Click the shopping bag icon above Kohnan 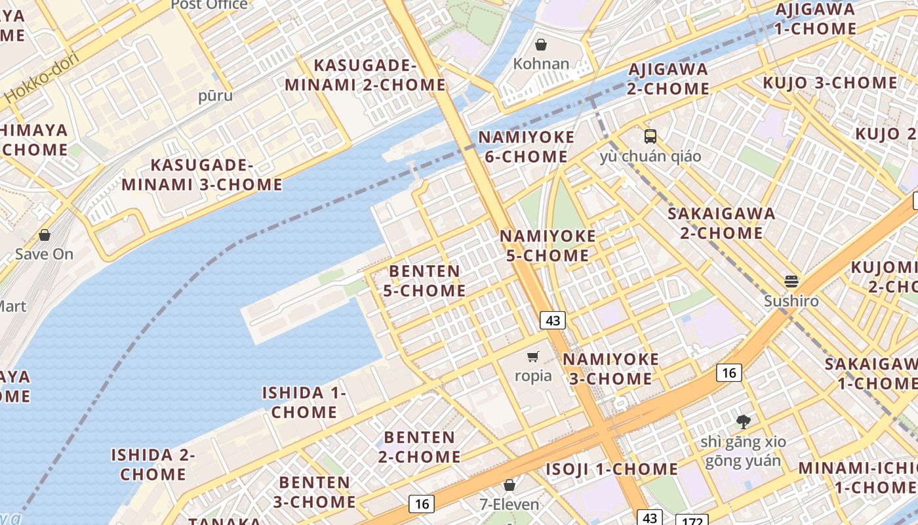pyautogui.click(x=541, y=45)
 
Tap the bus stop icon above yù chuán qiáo pyautogui.click(x=650, y=136)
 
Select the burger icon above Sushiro pyautogui.click(x=791, y=282)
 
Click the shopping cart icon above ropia pyautogui.click(x=533, y=357)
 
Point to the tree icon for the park pyautogui.click(x=743, y=421)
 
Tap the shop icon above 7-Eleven pyautogui.click(x=509, y=485)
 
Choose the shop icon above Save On pyautogui.click(x=45, y=234)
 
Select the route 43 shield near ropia pyautogui.click(x=553, y=320)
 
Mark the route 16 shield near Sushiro pyautogui.click(x=728, y=373)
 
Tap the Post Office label pyautogui.click(x=209, y=5)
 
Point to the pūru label pyautogui.click(x=215, y=96)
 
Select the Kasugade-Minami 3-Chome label pyautogui.click(x=202, y=175)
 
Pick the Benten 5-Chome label pyautogui.click(x=424, y=281)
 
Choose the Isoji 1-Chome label pyautogui.click(x=612, y=469)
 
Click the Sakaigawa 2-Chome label pyautogui.click(x=721, y=223)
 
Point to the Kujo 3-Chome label pyautogui.click(x=829, y=83)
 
